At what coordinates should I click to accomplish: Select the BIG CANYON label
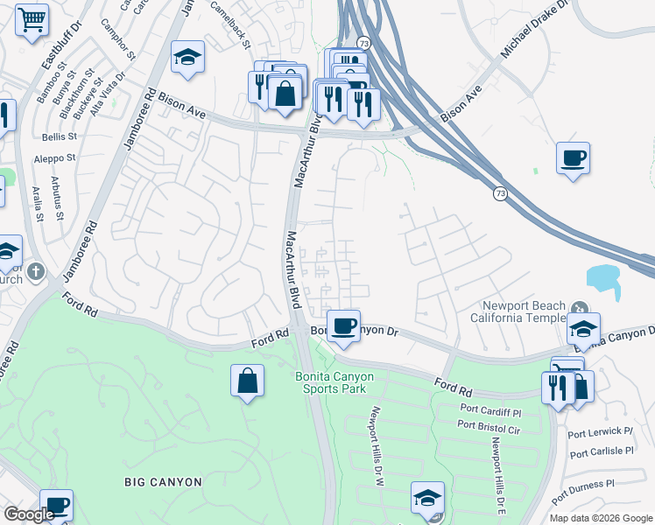pyautogui.click(x=163, y=482)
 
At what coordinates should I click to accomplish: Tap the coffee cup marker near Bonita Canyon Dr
pyautogui.click(x=344, y=323)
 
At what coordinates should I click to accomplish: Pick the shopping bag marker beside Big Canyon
pyautogui.click(x=248, y=381)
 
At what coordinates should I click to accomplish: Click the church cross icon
pyautogui.click(x=34, y=271)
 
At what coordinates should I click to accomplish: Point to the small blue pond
pyautogui.click(x=604, y=278)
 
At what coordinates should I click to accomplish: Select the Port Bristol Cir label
pyautogui.click(x=489, y=425)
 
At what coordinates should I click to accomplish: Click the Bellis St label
pyautogui.click(x=60, y=136)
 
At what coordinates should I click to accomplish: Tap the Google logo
pyautogui.click(x=29, y=515)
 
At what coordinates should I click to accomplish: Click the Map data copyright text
pyautogui.click(x=601, y=518)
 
